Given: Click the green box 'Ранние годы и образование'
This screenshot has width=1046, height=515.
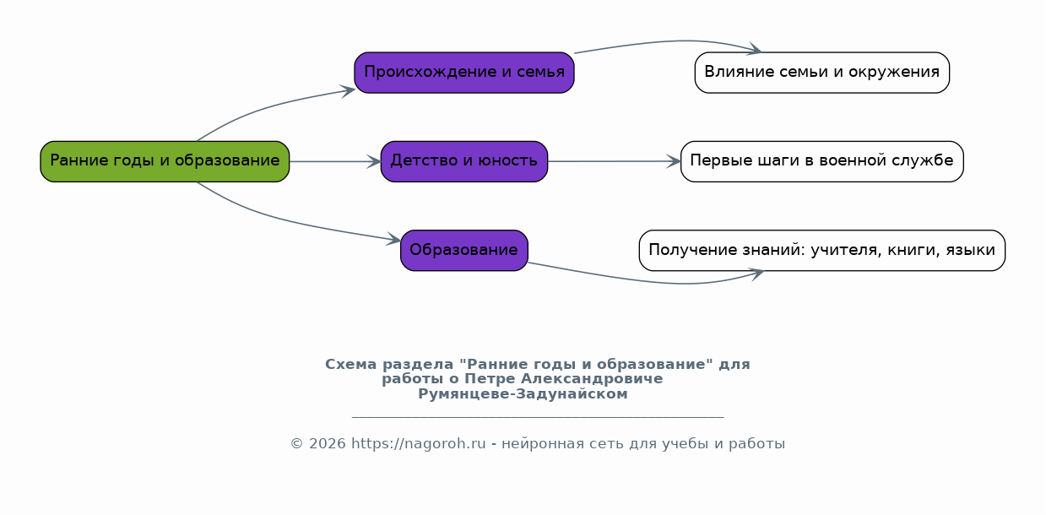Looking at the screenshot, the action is (165, 161).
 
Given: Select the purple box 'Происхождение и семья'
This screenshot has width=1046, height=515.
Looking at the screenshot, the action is (464, 73).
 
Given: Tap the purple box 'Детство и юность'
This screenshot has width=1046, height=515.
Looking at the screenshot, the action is (464, 161).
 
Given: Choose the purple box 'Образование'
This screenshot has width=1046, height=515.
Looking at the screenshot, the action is (464, 250).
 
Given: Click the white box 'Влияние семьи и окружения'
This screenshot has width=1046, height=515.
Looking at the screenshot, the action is (822, 73).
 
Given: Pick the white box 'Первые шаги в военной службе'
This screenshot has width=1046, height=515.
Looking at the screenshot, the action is (822, 161).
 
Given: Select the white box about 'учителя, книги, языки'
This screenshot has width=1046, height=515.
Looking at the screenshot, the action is (822, 250).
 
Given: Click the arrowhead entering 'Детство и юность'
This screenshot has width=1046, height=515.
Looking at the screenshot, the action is (374, 161).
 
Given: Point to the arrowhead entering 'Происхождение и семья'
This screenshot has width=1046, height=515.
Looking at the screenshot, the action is (348, 90).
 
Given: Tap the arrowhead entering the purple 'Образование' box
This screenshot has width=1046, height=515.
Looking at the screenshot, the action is (393, 240).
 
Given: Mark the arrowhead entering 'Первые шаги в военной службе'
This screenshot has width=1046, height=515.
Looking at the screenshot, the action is (674, 161).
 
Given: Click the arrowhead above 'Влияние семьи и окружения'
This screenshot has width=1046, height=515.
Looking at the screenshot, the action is (754, 50).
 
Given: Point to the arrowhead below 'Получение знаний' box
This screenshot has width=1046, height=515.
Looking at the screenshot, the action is (756, 274).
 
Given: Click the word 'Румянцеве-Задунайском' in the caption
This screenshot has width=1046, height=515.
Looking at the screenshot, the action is (523, 394).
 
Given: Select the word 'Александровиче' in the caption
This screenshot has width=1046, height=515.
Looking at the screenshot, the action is (592, 379).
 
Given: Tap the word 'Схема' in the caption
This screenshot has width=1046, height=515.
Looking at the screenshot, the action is (351, 364).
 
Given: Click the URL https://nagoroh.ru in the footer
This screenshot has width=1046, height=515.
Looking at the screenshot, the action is (419, 443).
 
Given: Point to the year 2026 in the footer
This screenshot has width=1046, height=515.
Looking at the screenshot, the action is (328, 443).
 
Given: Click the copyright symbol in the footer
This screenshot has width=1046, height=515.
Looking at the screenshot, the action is (297, 443).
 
